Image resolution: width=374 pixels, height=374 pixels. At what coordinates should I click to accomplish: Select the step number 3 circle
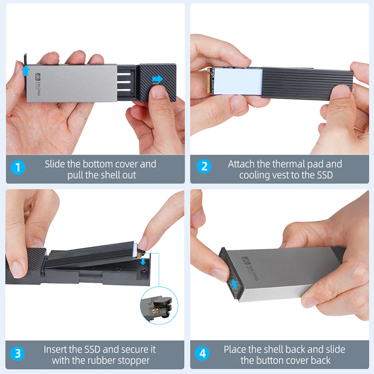pos(18,354)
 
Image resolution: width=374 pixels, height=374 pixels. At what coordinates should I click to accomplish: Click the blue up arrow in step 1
pos(26,70)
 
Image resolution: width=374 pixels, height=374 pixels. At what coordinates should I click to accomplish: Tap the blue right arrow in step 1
pos(157,79)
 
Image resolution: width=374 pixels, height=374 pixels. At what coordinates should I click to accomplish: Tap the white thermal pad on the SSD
pos(237,81)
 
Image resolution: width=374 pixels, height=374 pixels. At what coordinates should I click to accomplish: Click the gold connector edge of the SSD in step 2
pos(208,81)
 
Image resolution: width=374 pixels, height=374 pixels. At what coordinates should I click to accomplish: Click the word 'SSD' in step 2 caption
pos(322,175)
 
